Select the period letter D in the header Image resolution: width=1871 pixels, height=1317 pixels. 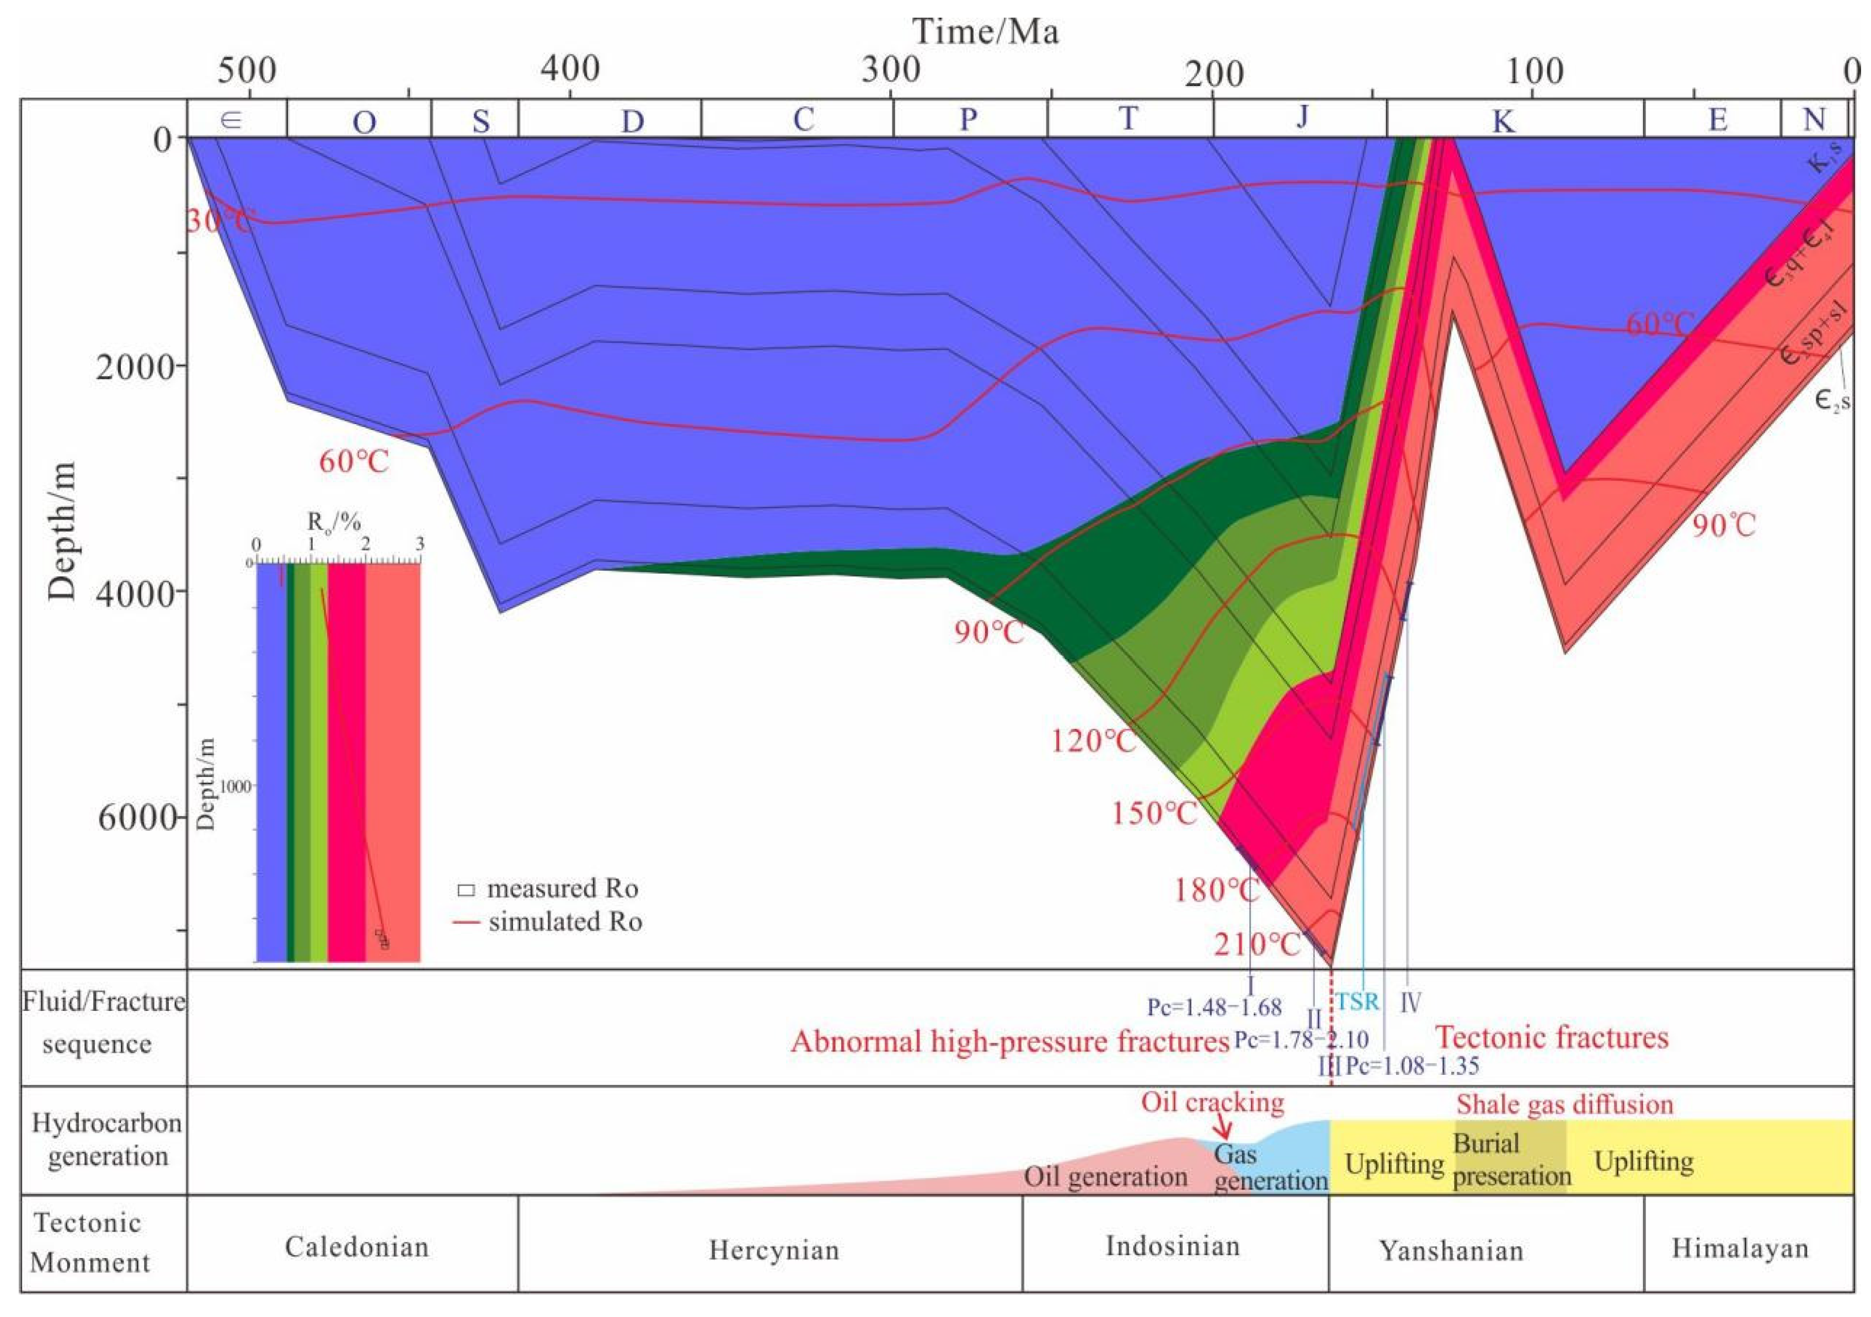coord(632,121)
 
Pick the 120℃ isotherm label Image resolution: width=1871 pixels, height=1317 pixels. coord(1093,742)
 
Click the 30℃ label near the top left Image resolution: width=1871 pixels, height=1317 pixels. coord(218,220)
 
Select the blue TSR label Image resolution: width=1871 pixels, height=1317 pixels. coord(1357,1001)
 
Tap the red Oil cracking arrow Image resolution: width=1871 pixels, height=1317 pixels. coord(1222,1129)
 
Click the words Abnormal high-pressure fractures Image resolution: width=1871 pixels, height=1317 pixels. coord(1009,1042)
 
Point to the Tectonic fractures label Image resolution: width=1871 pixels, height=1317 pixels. coord(1551,1037)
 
